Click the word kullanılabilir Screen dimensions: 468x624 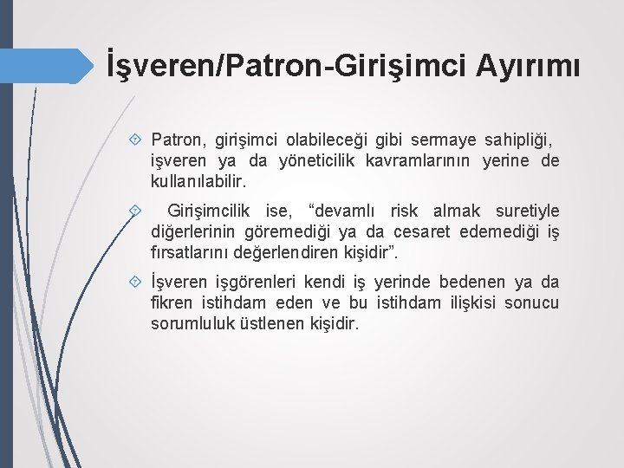click(x=198, y=183)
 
